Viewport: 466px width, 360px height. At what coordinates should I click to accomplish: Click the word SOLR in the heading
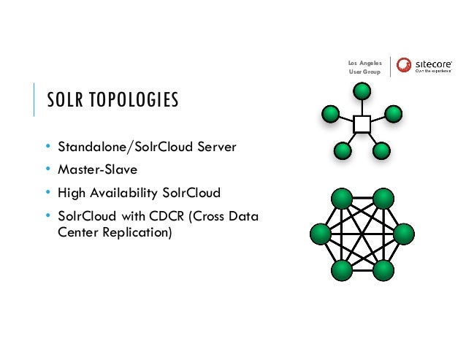64,99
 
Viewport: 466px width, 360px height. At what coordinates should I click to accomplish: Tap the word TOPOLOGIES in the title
132,99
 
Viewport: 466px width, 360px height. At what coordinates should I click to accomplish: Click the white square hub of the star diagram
362,123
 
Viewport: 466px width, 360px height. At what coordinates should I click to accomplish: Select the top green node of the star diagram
362,91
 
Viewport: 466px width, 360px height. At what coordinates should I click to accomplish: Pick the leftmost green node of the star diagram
330,114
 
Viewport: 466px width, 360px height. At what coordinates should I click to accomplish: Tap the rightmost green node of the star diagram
394,114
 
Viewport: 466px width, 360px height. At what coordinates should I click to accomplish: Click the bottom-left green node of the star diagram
342,151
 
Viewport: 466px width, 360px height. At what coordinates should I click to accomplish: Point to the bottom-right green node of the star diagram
381,151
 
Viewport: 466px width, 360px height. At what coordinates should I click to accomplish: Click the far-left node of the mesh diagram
321,234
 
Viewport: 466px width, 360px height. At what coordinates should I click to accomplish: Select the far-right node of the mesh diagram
403,234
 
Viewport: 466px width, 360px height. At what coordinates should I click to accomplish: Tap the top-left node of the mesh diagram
341,199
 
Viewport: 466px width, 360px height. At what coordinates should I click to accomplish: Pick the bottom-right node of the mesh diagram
383,269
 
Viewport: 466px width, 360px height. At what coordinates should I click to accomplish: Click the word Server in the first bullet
217,147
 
